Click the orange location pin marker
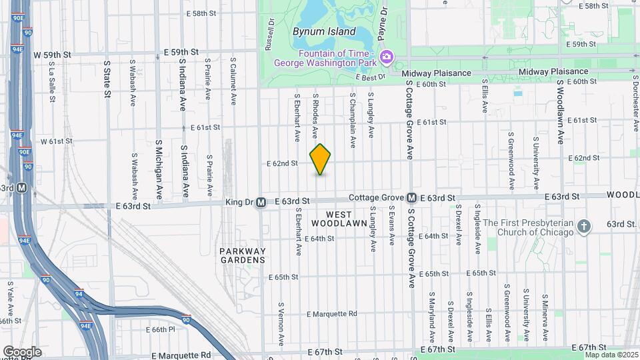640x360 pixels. pos(321,159)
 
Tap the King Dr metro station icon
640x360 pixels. pos(261,201)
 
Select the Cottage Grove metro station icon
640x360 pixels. pos(412,198)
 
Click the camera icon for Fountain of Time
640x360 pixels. pos(386,58)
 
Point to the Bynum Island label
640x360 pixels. pos(324,31)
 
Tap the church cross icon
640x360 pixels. pos(583,227)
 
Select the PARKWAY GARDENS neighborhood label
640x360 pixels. pos(243,255)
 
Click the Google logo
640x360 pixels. pos(22,351)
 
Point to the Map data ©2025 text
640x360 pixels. pos(611,354)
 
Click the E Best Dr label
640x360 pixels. pos(372,77)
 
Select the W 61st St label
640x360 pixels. pos(56,141)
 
